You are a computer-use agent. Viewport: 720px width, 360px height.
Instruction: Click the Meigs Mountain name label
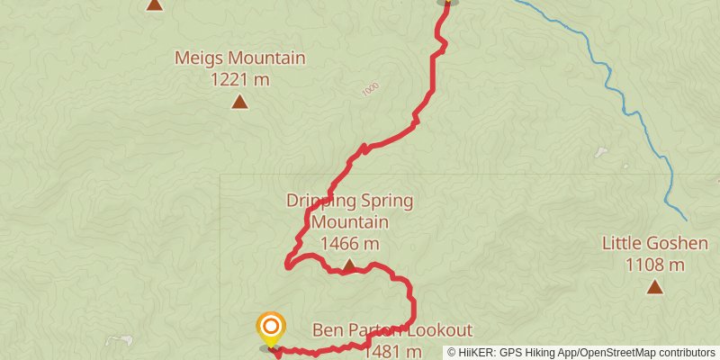[x=239, y=59]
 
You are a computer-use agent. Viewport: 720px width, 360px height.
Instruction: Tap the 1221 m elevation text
[x=239, y=79]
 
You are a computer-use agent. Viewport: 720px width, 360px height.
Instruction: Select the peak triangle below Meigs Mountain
[x=239, y=102]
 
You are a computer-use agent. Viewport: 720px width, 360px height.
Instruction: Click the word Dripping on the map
[x=321, y=201]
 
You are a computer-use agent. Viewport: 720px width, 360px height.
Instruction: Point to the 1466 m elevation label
[x=349, y=243]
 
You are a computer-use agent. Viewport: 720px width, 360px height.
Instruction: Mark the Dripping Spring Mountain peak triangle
[x=349, y=265]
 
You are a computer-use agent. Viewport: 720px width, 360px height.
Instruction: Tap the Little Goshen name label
[x=655, y=244]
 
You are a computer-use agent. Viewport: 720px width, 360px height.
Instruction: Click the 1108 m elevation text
[x=655, y=265]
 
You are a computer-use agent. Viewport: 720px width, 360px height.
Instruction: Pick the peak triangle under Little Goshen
[x=655, y=287]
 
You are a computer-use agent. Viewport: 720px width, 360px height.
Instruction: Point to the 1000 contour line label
[x=369, y=90]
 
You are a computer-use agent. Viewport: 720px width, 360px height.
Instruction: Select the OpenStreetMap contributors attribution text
[x=645, y=353]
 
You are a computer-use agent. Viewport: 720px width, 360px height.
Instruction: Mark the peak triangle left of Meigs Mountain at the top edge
[x=155, y=4]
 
